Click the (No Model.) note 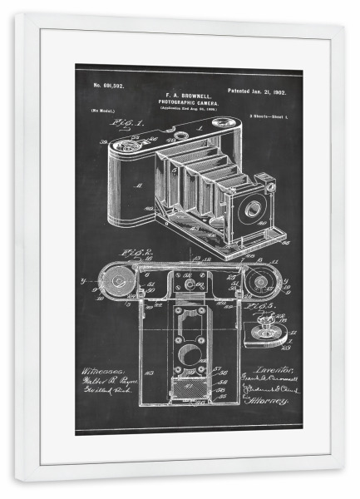point(103,110)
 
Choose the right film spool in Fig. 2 point(260,283)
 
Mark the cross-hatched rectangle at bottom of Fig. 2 point(190,390)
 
